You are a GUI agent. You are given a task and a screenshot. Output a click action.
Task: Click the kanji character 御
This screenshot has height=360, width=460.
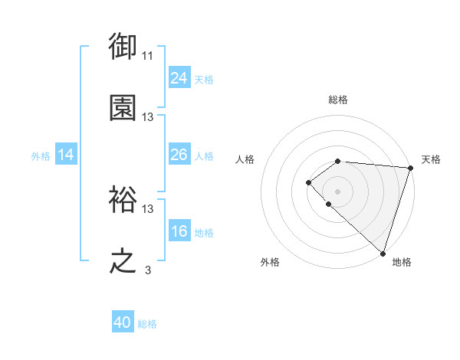(123, 47)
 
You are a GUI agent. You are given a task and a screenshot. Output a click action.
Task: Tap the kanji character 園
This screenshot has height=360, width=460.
(123, 107)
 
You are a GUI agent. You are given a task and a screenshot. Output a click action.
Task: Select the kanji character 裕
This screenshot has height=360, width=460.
(123, 198)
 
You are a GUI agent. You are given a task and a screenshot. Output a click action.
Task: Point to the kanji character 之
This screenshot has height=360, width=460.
(123, 260)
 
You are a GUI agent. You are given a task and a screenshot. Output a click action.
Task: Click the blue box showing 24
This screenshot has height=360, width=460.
(179, 77)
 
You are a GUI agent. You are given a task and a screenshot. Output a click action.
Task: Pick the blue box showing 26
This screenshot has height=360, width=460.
(179, 155)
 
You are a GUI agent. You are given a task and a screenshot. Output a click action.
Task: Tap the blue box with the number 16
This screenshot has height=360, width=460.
(179, 231)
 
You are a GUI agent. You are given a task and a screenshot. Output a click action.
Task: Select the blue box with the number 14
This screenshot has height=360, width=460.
(66, 155)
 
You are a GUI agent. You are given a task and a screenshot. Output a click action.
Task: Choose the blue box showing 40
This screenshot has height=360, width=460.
(123, 322)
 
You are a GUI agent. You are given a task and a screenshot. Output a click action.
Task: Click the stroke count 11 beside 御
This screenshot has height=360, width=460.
(148, 56)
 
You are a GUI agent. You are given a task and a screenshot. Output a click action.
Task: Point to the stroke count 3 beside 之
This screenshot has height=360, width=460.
(148, 270)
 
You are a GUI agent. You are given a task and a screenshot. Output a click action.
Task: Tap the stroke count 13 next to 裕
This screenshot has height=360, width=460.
(148, 208)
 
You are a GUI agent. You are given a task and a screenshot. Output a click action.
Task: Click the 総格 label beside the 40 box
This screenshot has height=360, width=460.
(147, 324)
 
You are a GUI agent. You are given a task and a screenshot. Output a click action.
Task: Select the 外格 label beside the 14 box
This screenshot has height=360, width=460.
(41, 156)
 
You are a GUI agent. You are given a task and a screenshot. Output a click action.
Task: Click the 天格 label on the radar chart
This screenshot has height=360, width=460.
(431, 159)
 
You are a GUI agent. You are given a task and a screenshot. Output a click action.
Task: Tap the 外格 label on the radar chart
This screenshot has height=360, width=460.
(270, 262)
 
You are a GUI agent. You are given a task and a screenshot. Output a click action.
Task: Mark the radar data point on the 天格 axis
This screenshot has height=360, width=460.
(410, 168)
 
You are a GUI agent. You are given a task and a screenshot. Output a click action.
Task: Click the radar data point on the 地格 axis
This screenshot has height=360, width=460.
(383, 253)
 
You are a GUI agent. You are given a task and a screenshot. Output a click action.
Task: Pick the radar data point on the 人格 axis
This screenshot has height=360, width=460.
(308, 182)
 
